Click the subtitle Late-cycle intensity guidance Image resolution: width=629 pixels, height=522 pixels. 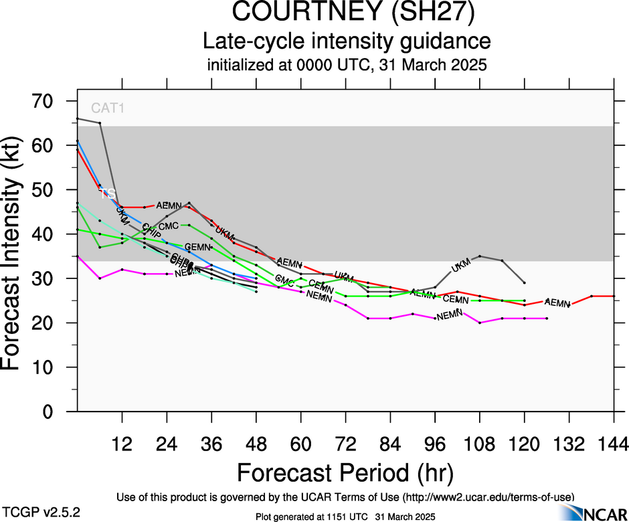click(347, 41)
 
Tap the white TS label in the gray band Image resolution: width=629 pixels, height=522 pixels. click(108, 194)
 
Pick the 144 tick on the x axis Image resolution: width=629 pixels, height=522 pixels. click(614, 443)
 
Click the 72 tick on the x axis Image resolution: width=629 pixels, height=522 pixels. click(345, 443)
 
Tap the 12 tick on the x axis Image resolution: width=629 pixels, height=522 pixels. click(122, 443)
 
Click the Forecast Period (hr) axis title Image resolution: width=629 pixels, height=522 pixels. click(346, 472)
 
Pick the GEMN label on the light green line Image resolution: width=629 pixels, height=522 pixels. click(197, 247)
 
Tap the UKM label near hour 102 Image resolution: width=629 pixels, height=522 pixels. click(461, 265)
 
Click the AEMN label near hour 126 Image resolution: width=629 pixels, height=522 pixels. click(557, 302)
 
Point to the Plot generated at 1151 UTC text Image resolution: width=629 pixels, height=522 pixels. click(346, 517)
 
